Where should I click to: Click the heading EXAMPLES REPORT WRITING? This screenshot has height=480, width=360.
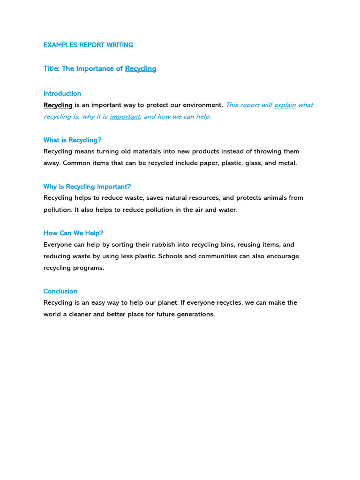88,45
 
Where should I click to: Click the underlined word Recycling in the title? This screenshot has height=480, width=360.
141,68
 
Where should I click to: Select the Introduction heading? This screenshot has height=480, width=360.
62,93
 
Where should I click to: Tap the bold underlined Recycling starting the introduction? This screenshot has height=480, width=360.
58,105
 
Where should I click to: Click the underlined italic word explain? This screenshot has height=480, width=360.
285,105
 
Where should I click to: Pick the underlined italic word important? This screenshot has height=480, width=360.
125,117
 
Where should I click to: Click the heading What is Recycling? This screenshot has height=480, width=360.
73,140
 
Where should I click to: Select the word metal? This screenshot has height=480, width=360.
287,163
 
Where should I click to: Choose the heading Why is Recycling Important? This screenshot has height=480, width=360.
87,187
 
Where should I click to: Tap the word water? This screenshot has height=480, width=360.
228,210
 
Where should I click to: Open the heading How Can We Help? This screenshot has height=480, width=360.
74,233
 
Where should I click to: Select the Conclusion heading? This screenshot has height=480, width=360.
60,291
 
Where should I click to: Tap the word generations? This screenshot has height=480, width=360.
194,314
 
